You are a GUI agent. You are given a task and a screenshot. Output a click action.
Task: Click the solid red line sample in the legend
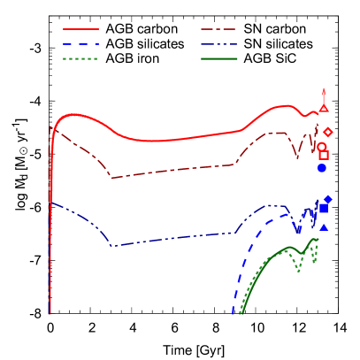[x=80, y=29]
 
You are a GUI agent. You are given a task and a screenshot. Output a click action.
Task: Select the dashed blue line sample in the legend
[x=80, y=43]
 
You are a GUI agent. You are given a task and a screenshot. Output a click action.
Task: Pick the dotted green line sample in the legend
[x=80, y=58]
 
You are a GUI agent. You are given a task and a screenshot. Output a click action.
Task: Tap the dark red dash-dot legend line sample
[x=219, y=29]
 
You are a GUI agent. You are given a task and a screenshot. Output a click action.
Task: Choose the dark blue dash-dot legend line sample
[x=219, y=43]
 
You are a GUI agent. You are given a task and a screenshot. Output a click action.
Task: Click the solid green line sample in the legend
[x=219, y=58]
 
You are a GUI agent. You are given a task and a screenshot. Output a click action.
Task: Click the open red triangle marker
[x=324, y=108]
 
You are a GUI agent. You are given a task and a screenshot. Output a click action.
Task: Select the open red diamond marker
[x=328, y=132]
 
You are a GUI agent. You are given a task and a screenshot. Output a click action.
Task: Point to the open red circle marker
[x=322, y=147]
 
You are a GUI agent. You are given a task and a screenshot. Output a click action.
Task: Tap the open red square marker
[x=324, y=155]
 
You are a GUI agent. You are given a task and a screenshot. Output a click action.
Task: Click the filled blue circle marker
[x=322, y=168]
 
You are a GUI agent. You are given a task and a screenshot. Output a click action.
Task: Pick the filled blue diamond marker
[x=328, y=199]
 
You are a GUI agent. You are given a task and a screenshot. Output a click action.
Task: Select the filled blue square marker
[x=324, y=209]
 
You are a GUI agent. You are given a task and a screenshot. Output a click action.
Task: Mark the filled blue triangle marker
[x=324, y=227]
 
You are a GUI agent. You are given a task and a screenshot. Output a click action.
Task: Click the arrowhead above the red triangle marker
[x=324, y=91]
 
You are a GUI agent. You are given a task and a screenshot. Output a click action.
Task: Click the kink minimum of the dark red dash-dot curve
[x=111, y=177]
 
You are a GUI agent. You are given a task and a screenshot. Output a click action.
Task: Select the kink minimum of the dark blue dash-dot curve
[x=111, y=245]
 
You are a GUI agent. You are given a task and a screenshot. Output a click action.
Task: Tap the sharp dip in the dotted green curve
[x=299, y=271]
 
